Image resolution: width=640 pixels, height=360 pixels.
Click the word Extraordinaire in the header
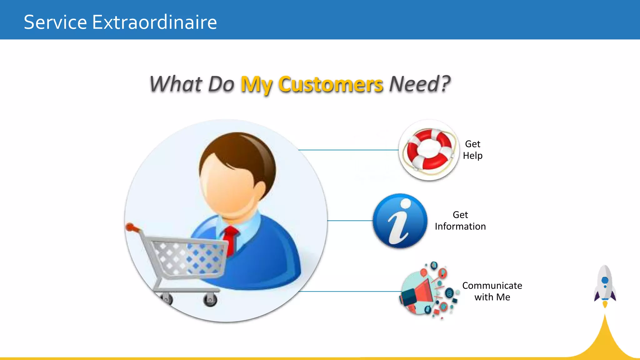(x=154, y=22)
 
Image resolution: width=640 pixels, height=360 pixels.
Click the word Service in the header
(x=55, y=22)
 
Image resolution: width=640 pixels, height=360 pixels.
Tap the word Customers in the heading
(x=330, y=84)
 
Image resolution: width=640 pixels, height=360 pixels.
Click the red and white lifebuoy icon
(x=429, y=150)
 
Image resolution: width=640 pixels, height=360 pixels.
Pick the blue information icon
(x=400, y=221)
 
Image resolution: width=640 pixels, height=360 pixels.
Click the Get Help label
(x=472, y=150)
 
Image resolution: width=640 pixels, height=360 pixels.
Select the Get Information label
(x=460, y=221)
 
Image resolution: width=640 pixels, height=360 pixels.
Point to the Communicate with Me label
(x=492, y=291)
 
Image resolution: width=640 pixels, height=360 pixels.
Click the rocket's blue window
(x=605, y=280)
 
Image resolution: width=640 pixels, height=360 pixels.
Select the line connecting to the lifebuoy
(x=348, y=150)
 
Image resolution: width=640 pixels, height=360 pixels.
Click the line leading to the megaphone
(x=350, y=292)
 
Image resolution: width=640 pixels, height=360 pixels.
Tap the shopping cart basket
(x=191, y=258)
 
